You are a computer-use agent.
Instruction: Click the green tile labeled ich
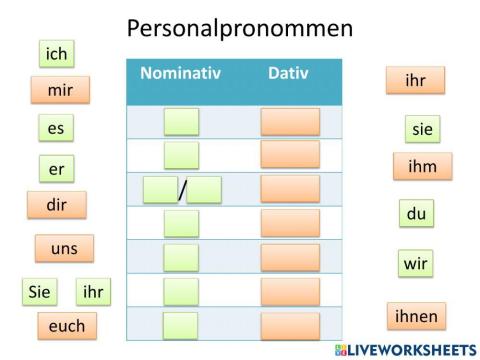(57, 53)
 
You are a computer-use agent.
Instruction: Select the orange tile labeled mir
(60, 90)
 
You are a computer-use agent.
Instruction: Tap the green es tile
(56, 129)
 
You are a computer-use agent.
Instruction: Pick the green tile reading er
(56, 169)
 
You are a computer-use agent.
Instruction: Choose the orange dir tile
(57, 205)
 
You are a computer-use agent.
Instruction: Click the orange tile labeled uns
(64, 248)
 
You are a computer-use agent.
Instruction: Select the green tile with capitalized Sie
(40, 292)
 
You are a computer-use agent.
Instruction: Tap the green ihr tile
(93, 292)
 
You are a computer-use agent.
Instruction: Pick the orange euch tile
(67, 326)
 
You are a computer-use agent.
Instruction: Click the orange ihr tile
(415, 80)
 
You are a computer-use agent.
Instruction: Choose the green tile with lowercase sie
(422, 129)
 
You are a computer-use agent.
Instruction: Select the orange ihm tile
(422, 166)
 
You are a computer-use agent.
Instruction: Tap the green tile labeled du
(416, 214)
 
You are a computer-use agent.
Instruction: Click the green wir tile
(415, 264)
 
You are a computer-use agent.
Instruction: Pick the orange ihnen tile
(416, 316)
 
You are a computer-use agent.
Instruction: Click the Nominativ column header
(180, 73)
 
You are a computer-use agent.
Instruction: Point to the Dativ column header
(288, 73)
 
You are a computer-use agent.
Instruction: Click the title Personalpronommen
(240, 28)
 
